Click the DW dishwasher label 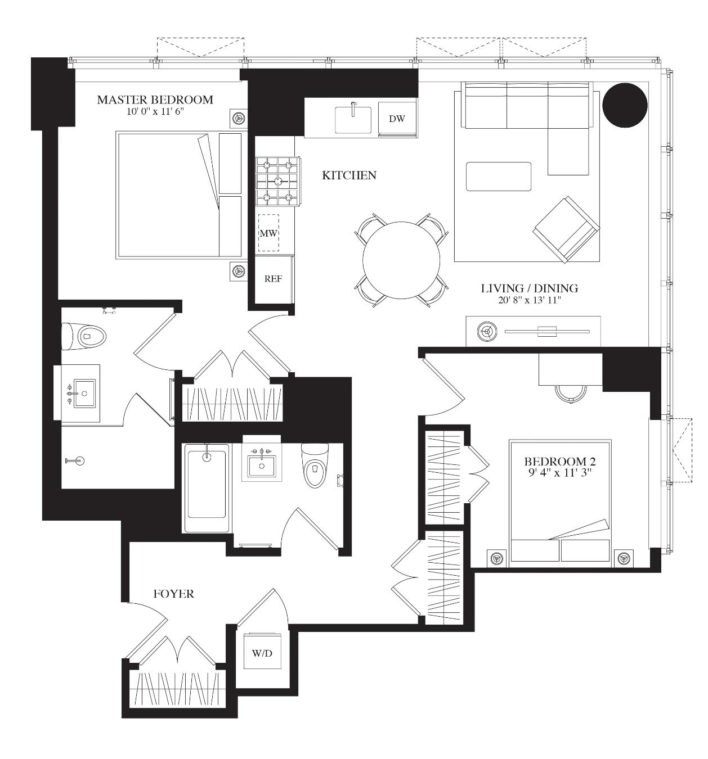pos(396,119)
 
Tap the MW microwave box pos(268,232)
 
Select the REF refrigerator pos(274,279)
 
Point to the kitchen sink pos(353,119)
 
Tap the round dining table pos(401,260)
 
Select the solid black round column pos(625,105)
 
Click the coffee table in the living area pos(498,176)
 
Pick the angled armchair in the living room pos(566,230)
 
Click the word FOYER pos(173,594)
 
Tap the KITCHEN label pos(348,175)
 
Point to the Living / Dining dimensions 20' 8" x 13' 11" pos(529,300)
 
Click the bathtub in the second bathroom pos(207,487)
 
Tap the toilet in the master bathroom pos(84,336)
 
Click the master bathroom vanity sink pos(84,393)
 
